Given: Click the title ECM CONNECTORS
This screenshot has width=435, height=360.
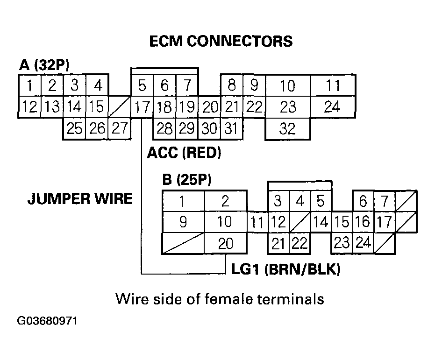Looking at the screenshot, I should (221, 41).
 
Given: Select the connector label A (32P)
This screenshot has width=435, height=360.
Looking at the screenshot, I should (44, 65).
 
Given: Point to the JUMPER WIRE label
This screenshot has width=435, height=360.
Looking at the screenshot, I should (79, 199).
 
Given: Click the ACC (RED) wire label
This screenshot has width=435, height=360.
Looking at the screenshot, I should (184, 153).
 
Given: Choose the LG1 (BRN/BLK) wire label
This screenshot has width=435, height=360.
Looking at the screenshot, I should (285, 269).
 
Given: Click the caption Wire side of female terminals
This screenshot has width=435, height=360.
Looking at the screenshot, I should (220, 298).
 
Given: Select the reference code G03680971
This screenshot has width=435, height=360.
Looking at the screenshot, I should (47, 322).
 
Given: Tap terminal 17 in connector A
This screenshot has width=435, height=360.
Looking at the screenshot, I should (141, 107).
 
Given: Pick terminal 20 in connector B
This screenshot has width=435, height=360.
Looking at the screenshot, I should (225, 243).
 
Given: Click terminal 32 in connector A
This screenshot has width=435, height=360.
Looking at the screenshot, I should (287, 129).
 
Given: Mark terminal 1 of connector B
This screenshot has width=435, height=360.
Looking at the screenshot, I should (183, 201).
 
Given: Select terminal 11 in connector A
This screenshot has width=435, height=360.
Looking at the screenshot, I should (332, 86).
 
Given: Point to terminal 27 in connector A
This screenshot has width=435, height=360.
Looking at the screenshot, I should (119, 128).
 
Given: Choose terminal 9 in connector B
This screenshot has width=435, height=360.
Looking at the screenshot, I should (183, 222).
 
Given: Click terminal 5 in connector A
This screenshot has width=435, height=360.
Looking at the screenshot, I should (142, 86).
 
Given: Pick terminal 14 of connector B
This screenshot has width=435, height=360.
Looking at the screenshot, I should (320, 222).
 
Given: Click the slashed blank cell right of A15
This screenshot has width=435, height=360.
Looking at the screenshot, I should (119, 107).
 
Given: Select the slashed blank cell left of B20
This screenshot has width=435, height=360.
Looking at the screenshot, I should (183, 243).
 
